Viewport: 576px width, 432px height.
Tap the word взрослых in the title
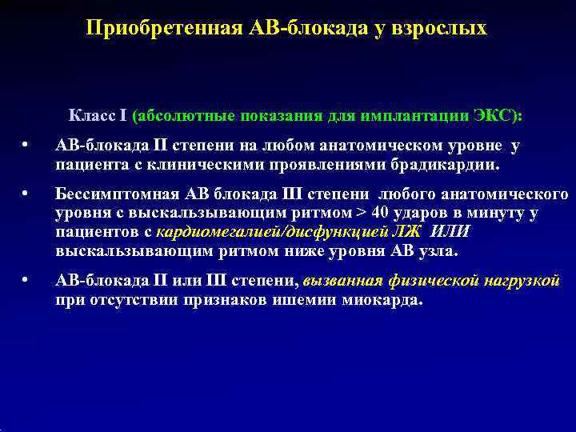(x=444, y=29)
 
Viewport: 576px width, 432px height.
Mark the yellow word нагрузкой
(x=522, y=281)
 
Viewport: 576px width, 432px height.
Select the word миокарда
(x=379, y=300)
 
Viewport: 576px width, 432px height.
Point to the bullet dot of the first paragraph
(x=26, y=146)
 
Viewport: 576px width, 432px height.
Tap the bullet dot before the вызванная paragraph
(x=26, y=281)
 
